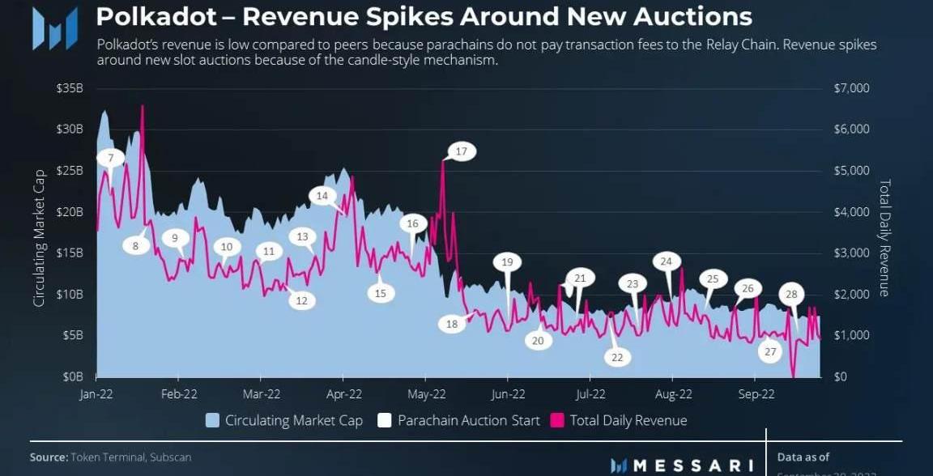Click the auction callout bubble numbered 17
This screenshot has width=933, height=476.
click(462, 151)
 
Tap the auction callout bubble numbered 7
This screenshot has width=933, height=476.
click(111, 157)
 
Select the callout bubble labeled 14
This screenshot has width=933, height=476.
click(322, 196)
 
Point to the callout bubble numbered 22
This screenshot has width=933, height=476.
click(617, 357)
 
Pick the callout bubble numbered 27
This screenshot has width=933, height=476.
click(770, 351)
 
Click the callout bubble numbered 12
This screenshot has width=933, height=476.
click(301, 300)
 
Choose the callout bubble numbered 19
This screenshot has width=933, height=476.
click(507, 262)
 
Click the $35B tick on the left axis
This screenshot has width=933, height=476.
click(69, 88)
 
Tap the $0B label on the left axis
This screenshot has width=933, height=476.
click(72, 377)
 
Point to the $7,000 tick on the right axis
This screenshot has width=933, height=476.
click(851, 88)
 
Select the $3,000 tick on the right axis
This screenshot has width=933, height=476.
click(851, 253)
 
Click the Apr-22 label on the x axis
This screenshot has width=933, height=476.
click(343, 395)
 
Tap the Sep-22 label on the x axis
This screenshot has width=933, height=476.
click(755, 395)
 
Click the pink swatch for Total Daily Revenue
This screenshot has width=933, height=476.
click(557, 421)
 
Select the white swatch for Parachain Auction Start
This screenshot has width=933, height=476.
click(385, 421)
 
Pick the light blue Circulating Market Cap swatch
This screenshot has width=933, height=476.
click(212, 421)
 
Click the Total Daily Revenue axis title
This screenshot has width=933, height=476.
click(884, 238)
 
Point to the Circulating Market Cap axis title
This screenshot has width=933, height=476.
click(39, 237)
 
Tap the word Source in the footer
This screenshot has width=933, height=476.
click(48, 457)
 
